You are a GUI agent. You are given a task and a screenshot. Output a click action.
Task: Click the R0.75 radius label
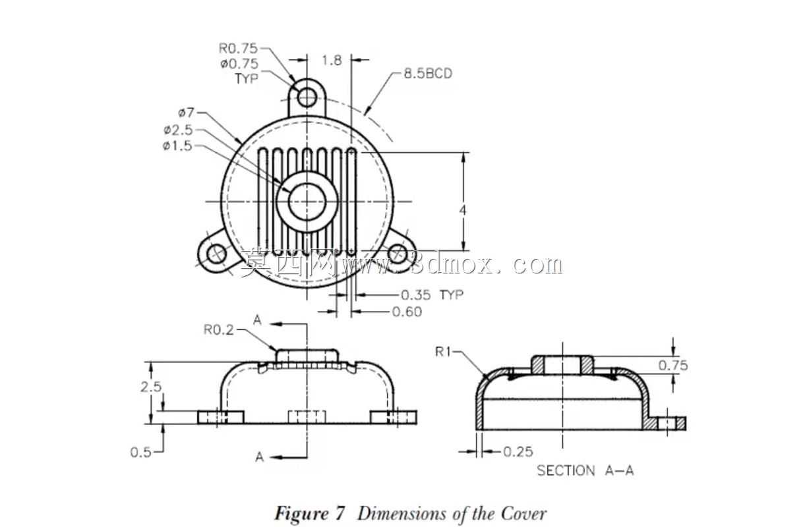click(x=238, y=48)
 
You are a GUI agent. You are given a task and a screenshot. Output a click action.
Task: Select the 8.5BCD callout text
click(x=428, y=74)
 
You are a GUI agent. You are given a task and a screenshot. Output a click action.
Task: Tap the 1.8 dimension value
click(x=332, y=61)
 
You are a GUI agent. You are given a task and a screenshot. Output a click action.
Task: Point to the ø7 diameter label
click(x=186, y=113)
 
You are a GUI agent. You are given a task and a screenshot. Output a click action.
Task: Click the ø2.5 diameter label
click(x=178, y=130)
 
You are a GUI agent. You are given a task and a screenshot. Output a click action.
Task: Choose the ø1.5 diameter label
click(x=177, y=146)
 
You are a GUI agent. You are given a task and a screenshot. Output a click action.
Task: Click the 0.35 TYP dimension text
click(x=432, y=295)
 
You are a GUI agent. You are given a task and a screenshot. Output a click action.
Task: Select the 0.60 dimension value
click(x=407, y=312)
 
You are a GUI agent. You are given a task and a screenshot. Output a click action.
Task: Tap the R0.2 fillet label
click(x=218, y=329)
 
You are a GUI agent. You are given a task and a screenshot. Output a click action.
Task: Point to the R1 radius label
click(x=443, y=352)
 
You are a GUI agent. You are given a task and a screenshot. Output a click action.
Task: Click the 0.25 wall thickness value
click(x=518, y=452)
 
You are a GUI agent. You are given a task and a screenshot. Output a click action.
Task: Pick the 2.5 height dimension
click(x=151, y=387)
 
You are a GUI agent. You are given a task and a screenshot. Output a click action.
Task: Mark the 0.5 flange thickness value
click(x=141, y=453)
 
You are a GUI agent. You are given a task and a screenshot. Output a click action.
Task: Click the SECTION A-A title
click(x=585, y=470)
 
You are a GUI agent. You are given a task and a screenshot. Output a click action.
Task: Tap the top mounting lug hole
click(x=307, y=97)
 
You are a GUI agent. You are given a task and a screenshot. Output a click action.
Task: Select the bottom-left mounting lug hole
click(x=216, y=254)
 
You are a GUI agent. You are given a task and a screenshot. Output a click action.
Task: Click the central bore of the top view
click(x=307, y=202)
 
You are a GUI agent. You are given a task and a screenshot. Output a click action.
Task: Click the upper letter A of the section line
click(x=257, y=320)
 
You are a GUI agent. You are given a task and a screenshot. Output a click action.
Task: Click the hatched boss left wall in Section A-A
click(x=538, y=365)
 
